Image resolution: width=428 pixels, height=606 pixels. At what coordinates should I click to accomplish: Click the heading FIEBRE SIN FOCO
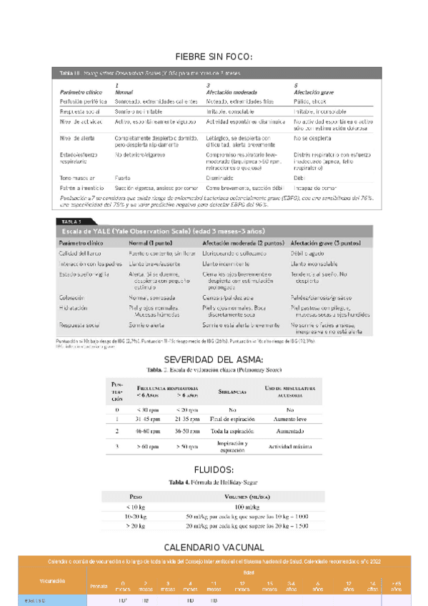pyautogui.click(x=214, y=56)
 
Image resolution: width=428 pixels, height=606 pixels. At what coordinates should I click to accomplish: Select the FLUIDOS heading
pyautogui.click(x=214, y=470)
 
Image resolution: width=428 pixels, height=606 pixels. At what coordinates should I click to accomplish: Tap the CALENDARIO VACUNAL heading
pyautogui.click(x=214, y=547)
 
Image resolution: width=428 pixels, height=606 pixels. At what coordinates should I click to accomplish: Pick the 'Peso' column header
pyautogui.click(x=135, y=495)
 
